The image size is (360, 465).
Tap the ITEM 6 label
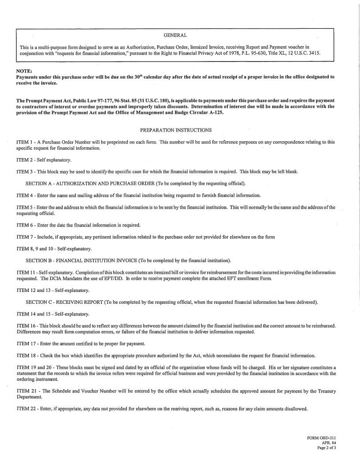tap(26, 225)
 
